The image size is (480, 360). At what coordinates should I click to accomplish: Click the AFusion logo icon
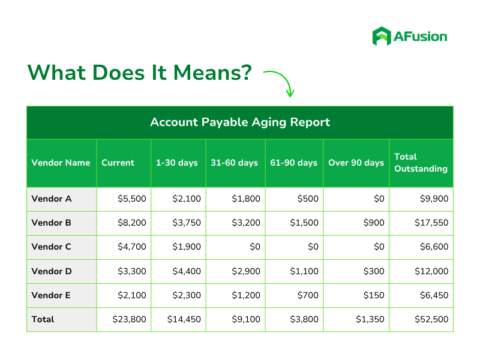pyautogui.click(x=382, y=36)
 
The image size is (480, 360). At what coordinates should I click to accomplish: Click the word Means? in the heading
pyautogui.click(x=212, y=73)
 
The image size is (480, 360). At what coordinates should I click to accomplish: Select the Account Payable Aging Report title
pyautogui.click(x=240, y=122)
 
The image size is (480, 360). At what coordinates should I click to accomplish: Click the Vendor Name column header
pyautogui.click(x=61, y=163)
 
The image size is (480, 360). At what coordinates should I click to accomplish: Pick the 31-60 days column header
pyautogui.click(x=235, y=163)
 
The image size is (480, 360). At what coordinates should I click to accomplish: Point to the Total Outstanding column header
pyautogui.click(x=421, y=163)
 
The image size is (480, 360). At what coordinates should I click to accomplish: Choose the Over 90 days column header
pyautogui.click(x=356, y=163)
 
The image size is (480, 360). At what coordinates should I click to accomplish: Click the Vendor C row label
pyautogui.click(x=52, y=247)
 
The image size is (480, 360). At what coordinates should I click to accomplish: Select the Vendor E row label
pyautogui.click(x=51, y=295)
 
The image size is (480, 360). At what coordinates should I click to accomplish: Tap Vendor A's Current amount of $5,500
pyautogui.click(x=132, y=199)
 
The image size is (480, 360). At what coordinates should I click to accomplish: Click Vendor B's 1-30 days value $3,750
pyautogui.click(x=187, y=223)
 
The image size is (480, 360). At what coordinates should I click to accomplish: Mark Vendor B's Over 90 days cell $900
pyautogui.click(x=374, y=223)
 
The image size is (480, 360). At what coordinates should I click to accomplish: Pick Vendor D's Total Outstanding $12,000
pyautogui.click(x=431, y=271)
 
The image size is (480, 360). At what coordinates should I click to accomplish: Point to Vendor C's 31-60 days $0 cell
pyautogui.click(x=255, y=247)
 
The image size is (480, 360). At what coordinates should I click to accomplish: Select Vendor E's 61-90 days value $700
pyautogui.click(x=308, y=295)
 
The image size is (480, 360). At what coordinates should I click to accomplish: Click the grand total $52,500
pyautogui.click(x=431, y=319)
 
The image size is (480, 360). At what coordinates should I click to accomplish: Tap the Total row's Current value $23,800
pyautogui.click(x=129, y=319)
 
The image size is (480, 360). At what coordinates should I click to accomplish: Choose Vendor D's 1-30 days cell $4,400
pyautogui.click(x=187, y=271)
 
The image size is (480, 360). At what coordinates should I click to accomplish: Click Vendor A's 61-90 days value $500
pyautogui.click(x=308, y=199)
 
